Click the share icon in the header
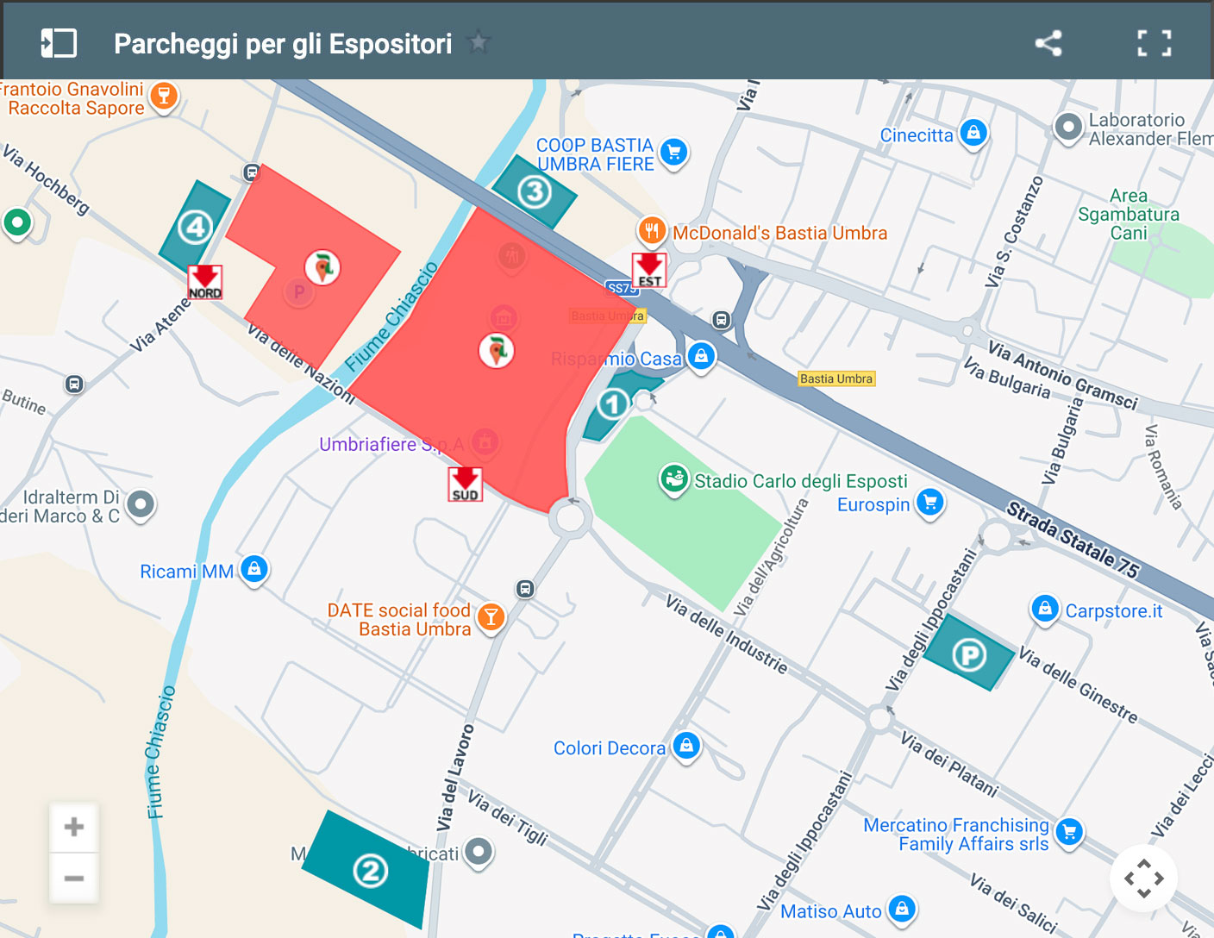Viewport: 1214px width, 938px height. pos(1048,43)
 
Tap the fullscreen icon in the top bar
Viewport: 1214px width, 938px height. pos(1154,43)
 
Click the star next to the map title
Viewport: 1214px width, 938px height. pos(478,42)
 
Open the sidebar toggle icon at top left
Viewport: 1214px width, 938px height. pos(59,43)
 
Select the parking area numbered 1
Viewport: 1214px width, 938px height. pos(613,403)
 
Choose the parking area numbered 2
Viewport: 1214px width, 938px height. pos(371,871)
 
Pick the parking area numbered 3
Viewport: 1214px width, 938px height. pos(535,191)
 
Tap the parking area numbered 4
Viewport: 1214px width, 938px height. pos(196,228)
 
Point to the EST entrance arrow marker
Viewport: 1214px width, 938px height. pos(649,270)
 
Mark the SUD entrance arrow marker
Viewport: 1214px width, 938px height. pos(466,484)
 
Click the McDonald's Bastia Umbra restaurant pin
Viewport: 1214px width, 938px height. pos(652,231)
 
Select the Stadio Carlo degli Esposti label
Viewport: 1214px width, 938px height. pos(800,481)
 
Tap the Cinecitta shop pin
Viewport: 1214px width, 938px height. pos(973,134)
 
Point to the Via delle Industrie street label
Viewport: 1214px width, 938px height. pos(726,634)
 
